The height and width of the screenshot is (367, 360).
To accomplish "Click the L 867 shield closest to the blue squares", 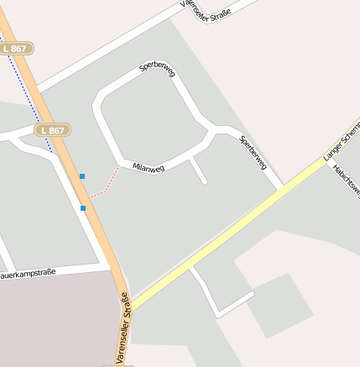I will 52,130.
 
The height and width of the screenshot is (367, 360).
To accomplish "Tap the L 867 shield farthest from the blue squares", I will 15,49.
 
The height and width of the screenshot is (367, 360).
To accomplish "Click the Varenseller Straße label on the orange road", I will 123,330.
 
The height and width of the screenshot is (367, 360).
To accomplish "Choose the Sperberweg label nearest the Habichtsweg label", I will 253,151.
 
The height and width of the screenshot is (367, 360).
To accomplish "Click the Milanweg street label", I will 149,167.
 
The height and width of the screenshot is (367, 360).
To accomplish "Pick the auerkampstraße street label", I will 28,273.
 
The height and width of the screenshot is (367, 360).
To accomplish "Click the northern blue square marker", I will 82,176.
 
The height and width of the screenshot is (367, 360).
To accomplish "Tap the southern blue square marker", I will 83,207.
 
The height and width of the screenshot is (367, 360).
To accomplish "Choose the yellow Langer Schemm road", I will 227,231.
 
